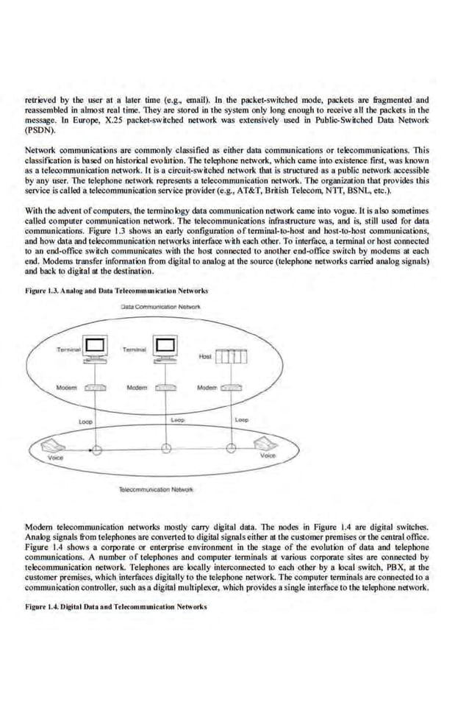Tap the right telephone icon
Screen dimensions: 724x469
tap(264, 443)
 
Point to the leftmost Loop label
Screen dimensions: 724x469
tap(85, 422)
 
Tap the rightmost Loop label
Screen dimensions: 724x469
tap(242, 419)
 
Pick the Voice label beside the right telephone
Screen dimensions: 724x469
tap(268, 456)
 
